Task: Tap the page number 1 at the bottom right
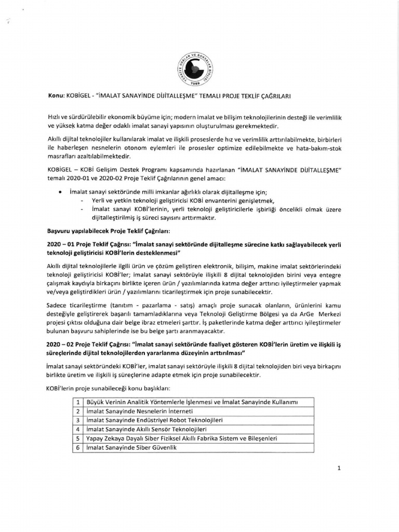coord(338,468)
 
